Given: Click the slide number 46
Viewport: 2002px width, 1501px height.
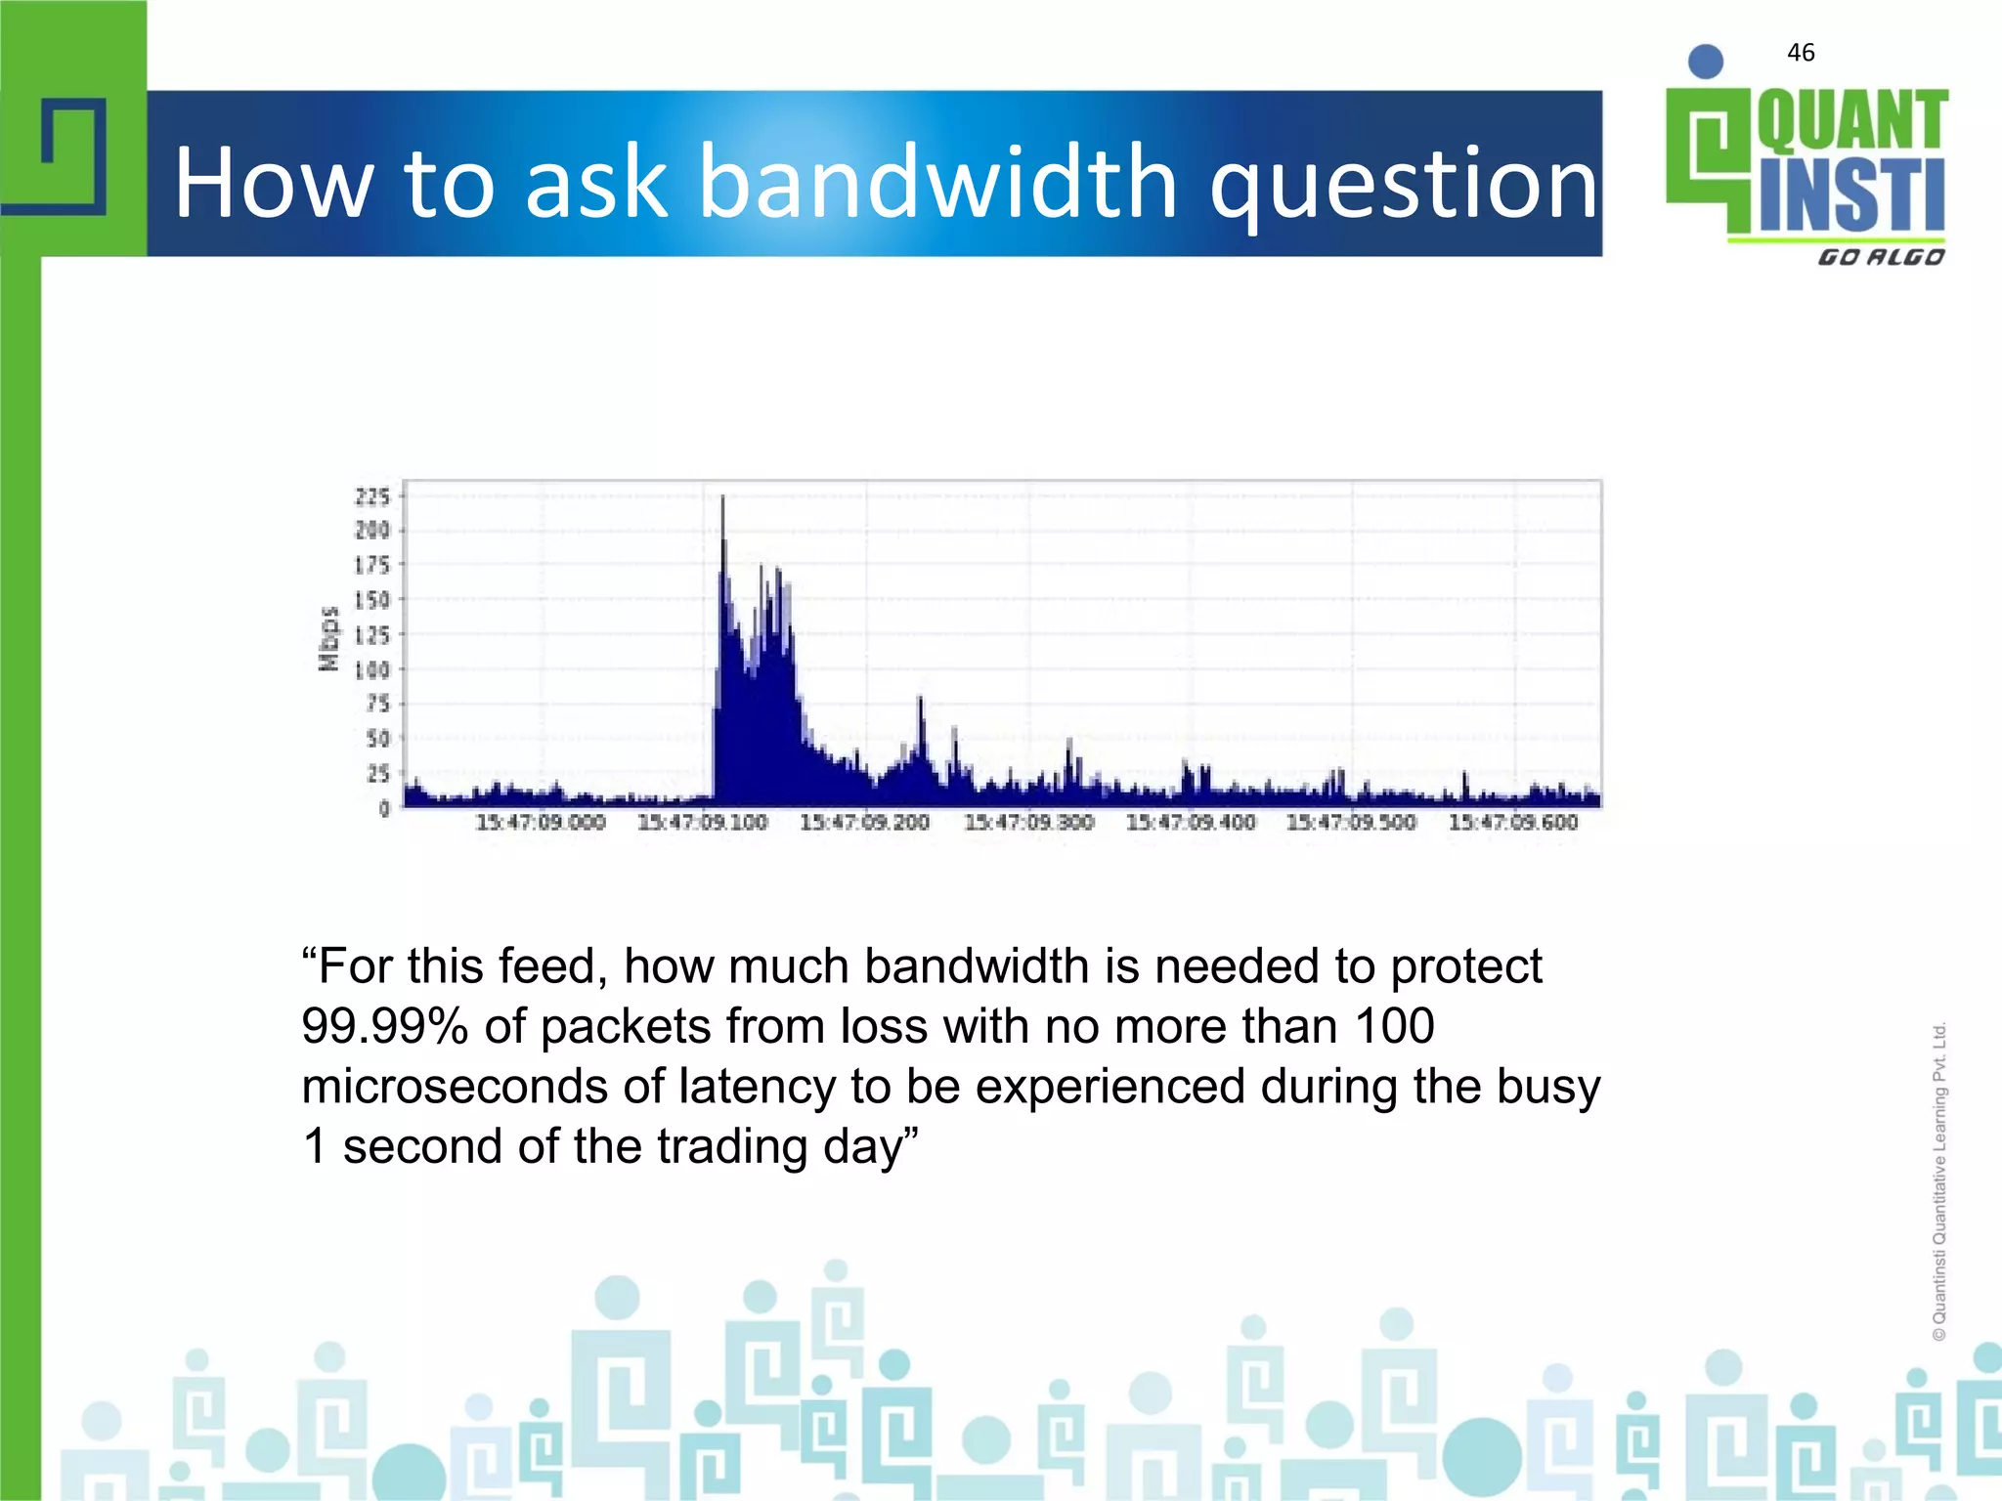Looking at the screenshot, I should click(x=1801, y=53).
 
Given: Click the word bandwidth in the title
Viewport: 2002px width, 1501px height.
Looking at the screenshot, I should click(x=938, y=182).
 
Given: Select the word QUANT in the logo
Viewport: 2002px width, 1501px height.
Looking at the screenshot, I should click(x=1852, y=121).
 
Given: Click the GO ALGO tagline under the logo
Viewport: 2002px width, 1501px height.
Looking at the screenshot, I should click(x=1881, y=257).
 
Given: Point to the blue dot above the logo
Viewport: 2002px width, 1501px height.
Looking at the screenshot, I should click(x=1706, y=62).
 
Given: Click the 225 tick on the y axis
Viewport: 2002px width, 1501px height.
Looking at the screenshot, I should click(x=372, y=496).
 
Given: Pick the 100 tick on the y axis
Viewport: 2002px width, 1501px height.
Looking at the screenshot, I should click(x=371, y=670).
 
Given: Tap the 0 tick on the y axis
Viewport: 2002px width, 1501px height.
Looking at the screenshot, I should click(x=384, y=808).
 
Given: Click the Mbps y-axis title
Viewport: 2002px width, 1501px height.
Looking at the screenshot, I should click(x=329, y=638).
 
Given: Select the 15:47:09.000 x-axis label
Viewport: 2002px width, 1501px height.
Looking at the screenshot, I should click(x=541, y=823).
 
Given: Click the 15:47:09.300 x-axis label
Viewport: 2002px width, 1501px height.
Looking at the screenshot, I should click(x=1028, y=823).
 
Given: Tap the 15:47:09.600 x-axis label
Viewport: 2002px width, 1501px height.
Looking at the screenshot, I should click(x=1513, y=823).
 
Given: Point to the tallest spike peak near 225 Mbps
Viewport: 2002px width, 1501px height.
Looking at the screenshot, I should click(x=722, y=498).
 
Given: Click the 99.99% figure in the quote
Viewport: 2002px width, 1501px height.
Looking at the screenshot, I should click(x=384, y=1027).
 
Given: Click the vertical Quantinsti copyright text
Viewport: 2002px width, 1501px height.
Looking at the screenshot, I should click(x=1939, y=1180).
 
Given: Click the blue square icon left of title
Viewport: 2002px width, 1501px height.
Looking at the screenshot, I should click(x=74, y=156).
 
